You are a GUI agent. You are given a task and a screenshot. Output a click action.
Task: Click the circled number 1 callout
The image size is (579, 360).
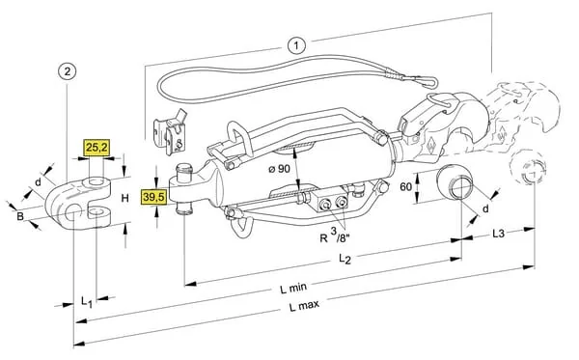(296, 45)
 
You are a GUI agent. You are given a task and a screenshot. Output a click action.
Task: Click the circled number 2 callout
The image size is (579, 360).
(67, 71)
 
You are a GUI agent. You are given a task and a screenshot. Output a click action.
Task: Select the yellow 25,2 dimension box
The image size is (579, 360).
(96, 148)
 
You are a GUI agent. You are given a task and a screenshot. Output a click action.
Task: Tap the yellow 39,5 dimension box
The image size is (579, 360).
(154, 197)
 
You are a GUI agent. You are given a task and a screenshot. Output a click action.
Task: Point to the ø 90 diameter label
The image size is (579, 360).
(280, 169)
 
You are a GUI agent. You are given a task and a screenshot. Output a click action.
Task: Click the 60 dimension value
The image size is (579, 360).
(406, 187)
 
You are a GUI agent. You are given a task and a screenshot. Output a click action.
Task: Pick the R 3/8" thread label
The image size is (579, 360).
(335, 235)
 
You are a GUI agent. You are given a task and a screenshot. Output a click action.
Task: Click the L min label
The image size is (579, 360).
(293, 288)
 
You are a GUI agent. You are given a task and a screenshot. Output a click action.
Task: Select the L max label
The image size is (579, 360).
(304, 306)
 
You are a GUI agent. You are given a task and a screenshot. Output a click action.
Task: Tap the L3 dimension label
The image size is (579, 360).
(498, 234)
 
